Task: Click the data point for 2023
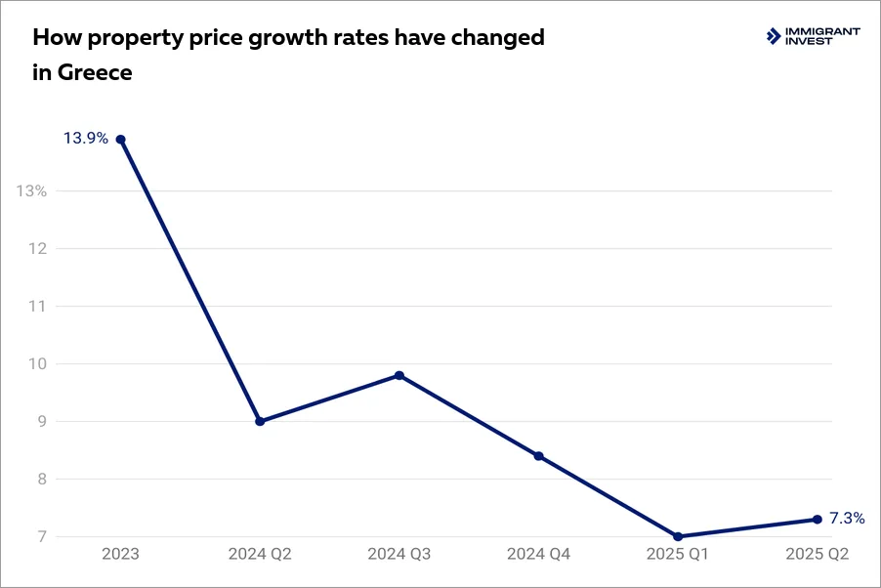(120, 139)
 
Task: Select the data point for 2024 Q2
(260, 421)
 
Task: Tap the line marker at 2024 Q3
(399, 375)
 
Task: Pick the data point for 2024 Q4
(538, 456)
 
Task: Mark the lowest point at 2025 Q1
(678, 536)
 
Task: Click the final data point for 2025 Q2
(818, 519)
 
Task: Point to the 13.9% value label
(86, 139)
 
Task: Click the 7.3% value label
(847, 519)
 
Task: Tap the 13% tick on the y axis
(32, 190)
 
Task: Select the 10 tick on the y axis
(37, 363)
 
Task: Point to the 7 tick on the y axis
(42, 536)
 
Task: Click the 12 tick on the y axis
(37, 248)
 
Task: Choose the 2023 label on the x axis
(120, 554)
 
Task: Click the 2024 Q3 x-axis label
(399, 554)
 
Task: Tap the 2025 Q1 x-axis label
(678, 554)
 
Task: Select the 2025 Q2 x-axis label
(818, 554)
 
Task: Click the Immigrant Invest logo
(814, 36)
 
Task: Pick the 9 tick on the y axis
(42, 421)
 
